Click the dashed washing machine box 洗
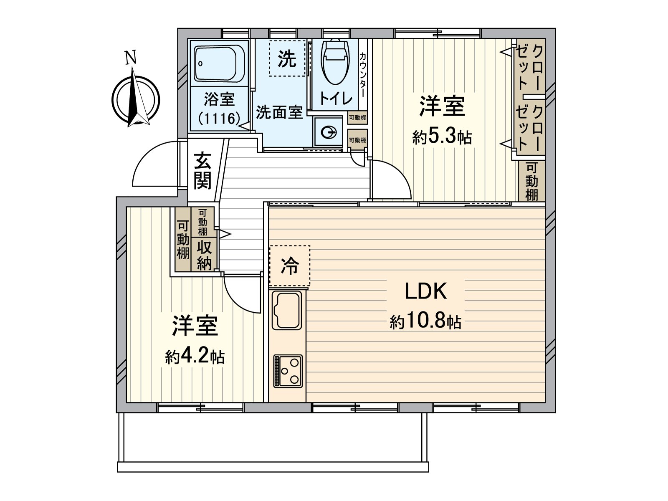(x=287, y=58)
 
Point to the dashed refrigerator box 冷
(x=290, y=266)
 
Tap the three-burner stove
(x=288, y=370)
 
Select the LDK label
(x=426, y=291)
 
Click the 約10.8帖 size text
(x=426, y=322)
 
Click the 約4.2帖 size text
(x=195, y=357)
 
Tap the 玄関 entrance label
(x=202, y=171)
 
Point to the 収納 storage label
(x=205, y=256)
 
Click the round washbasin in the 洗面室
(x=329, y=133)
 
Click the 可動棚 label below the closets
(x=531, y=181)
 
